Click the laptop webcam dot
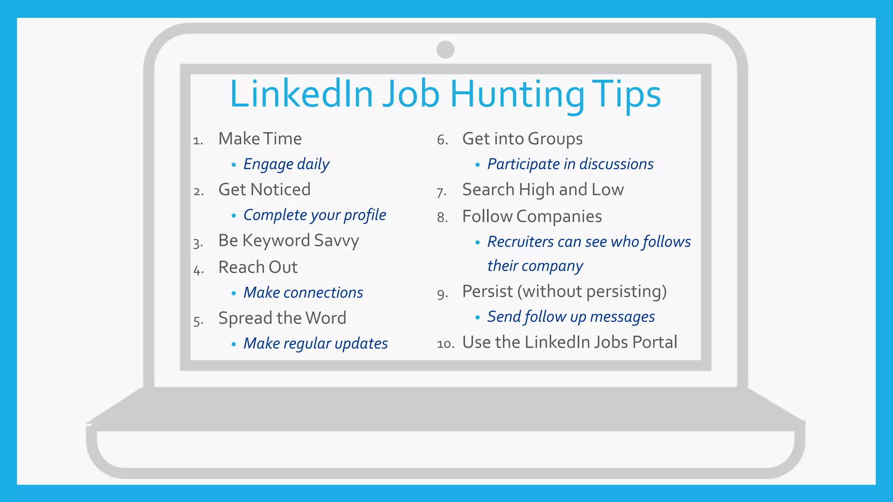445,50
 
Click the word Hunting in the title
517,95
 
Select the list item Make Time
260,139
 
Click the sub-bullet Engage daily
286,164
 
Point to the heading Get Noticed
264,190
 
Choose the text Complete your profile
314,215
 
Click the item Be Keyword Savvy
289,241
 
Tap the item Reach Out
258,267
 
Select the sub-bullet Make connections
303,292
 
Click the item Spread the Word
282,318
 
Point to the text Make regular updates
315,343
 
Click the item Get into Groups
522,139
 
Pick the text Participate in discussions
570,164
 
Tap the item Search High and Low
543,190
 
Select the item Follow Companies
532,217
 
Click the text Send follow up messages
571,317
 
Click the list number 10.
445,344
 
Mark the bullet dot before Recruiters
477,242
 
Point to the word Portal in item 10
654,343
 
